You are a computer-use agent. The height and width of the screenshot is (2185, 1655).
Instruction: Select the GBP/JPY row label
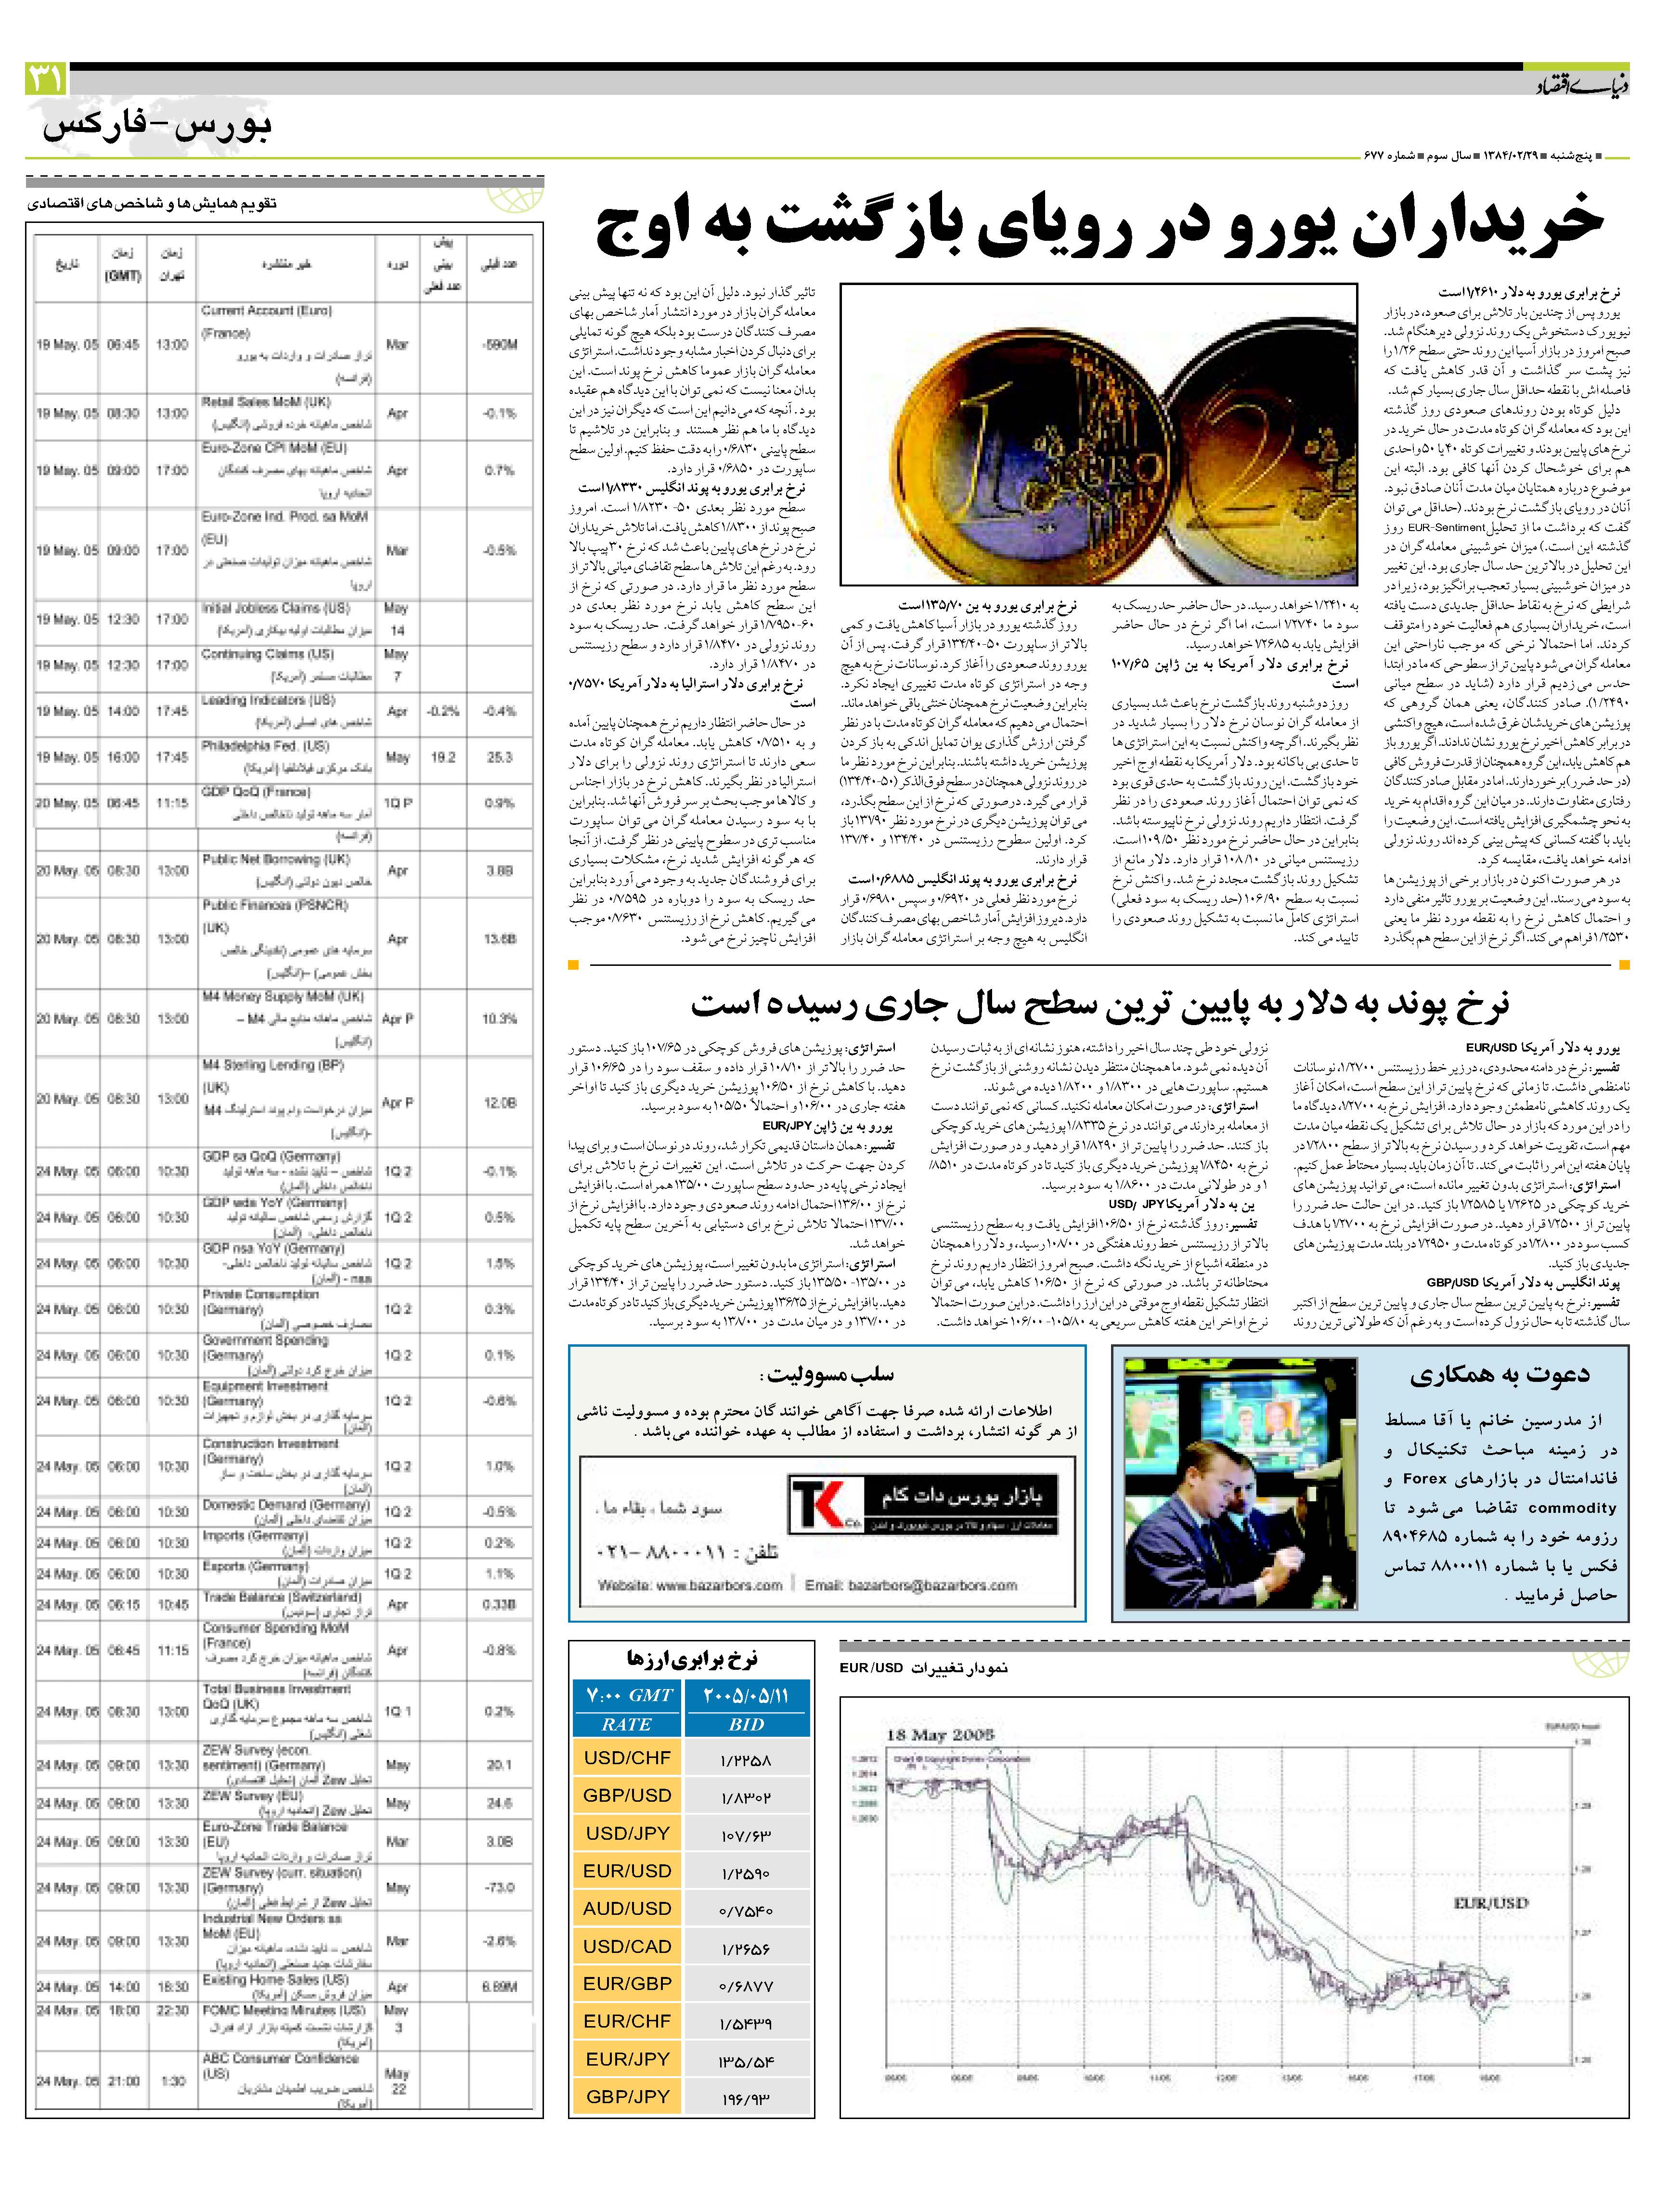(x=627, y=2124)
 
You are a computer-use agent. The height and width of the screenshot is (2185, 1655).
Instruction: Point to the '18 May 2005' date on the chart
(x=940, y=1736)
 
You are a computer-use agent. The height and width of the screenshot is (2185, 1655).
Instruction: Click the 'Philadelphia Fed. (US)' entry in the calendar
(x=265, y=747)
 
